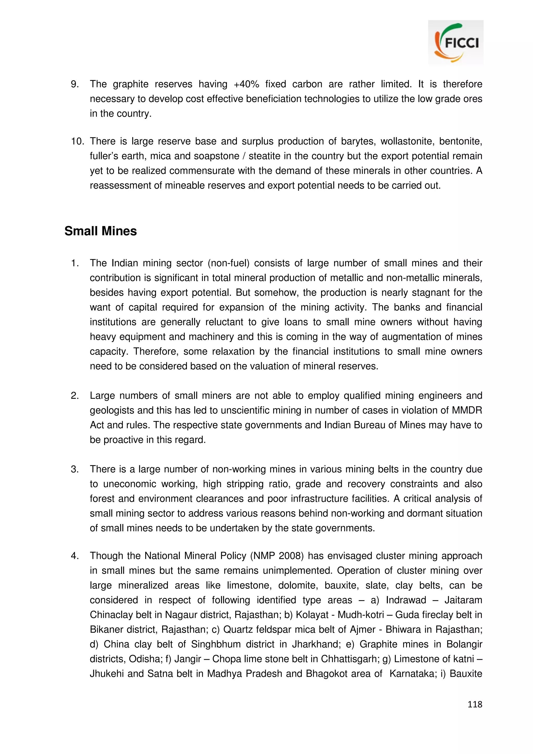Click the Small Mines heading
pyautogui.click(x=100, y=231)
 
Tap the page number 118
pyautogui.click(x=474, y=704)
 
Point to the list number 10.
pyautogui.click(x=77, y=141)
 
